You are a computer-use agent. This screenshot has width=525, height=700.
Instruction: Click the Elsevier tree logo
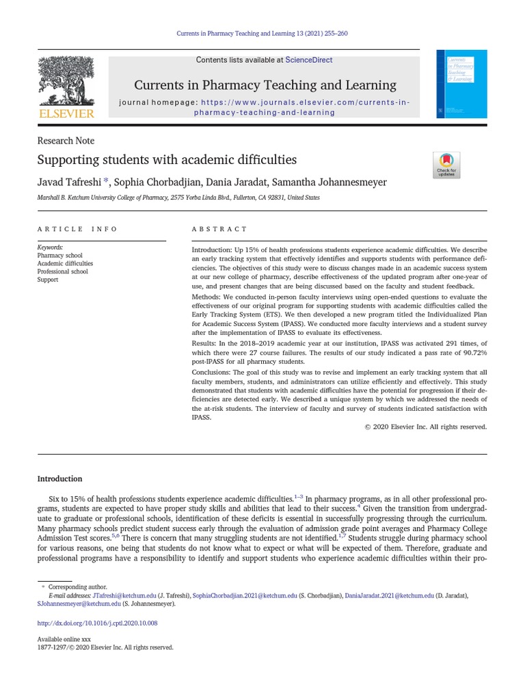66,81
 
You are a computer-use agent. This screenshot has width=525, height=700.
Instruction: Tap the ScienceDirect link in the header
308,60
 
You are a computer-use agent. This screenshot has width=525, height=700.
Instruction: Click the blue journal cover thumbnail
461,83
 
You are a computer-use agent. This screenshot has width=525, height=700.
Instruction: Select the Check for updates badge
446,165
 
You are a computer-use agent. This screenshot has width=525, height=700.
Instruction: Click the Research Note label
66,141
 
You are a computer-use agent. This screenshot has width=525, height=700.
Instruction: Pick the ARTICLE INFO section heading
77,229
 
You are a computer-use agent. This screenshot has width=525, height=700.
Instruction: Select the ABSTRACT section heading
219,229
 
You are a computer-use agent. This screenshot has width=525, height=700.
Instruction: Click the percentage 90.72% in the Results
471,353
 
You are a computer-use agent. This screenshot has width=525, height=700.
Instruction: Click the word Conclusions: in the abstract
213,373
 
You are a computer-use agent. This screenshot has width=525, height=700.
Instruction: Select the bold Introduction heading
59,479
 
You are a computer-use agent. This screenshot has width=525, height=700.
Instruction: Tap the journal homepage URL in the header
304,107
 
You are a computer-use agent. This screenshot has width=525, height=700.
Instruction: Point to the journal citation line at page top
262,33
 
